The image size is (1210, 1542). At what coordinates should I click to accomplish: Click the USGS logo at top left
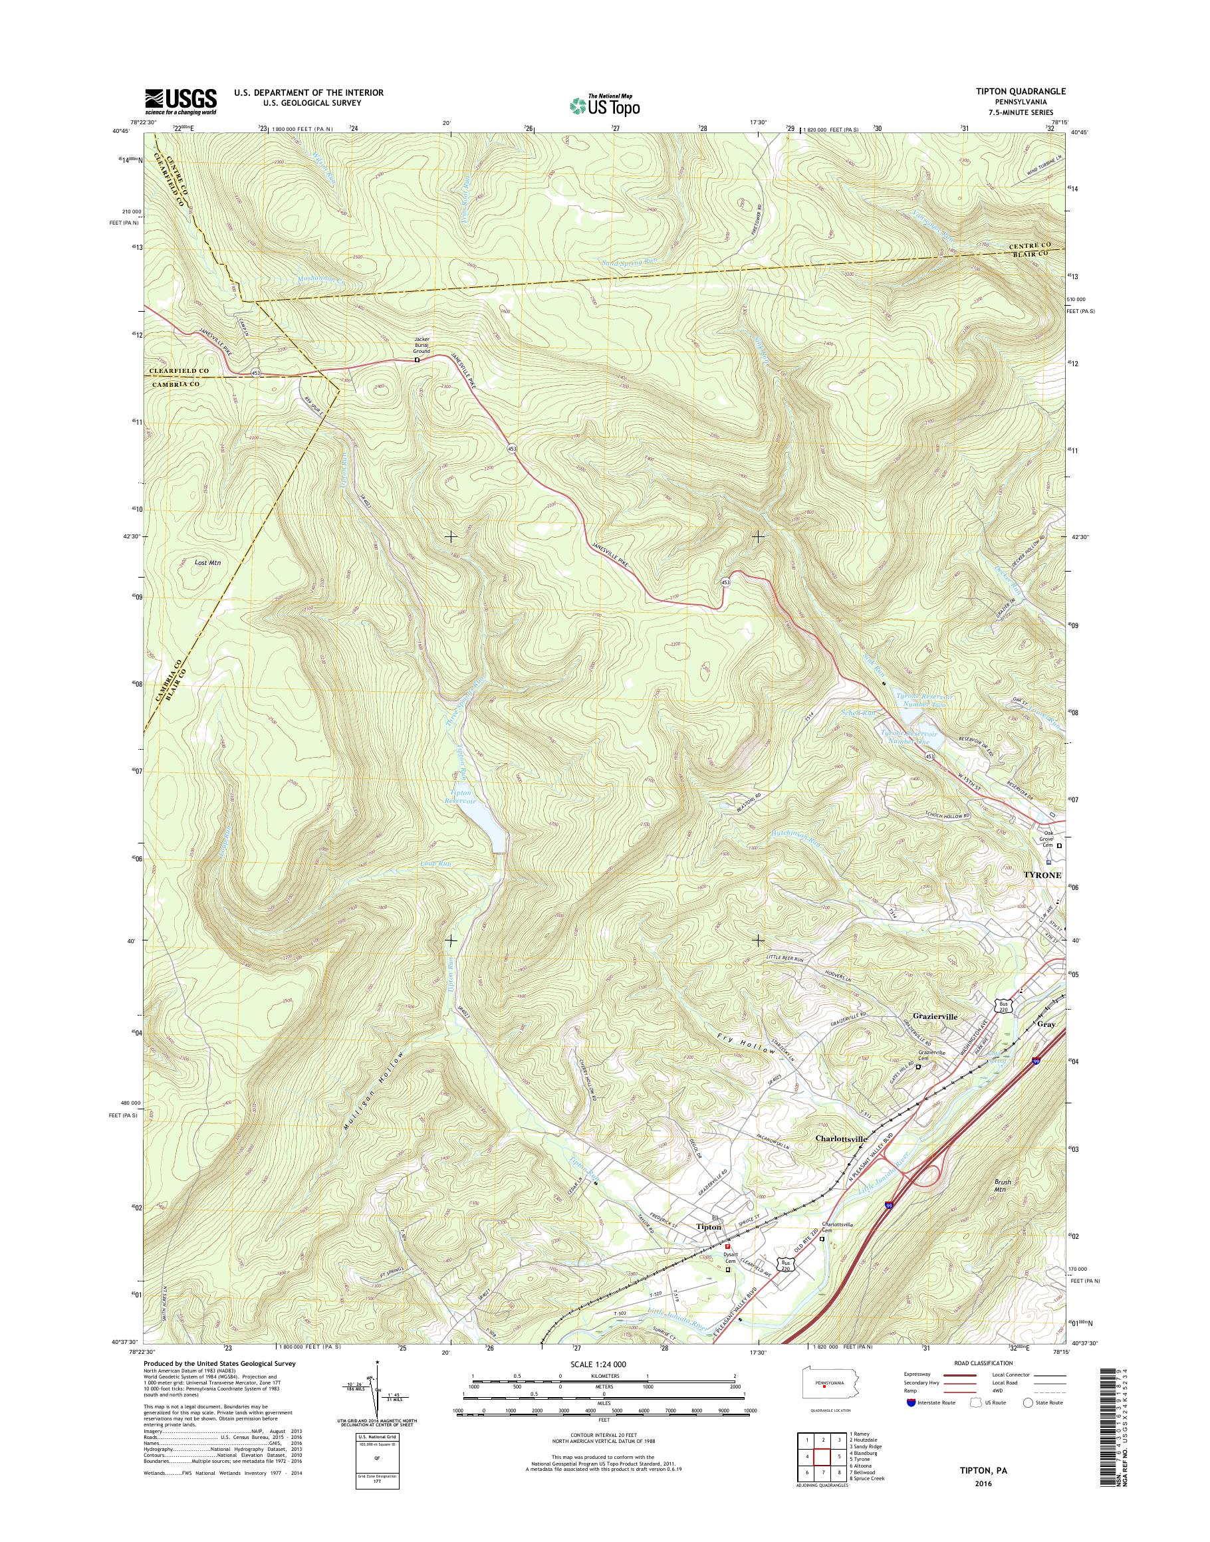(181, 101)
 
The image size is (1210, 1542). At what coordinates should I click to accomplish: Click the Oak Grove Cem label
(1046, 841)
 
